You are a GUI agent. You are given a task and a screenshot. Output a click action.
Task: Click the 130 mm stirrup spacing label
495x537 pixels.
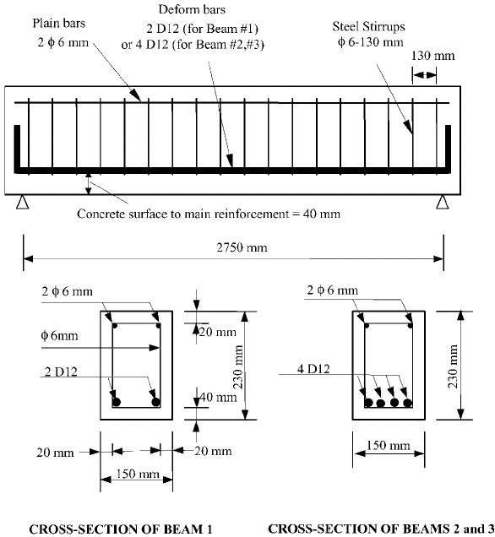point(429,57)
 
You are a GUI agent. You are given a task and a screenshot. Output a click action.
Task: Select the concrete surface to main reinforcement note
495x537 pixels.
point(209,214)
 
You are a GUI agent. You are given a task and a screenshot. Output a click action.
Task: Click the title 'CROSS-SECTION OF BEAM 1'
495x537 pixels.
point(120,529)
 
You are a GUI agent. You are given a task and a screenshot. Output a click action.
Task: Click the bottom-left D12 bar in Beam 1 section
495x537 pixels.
point(117,401)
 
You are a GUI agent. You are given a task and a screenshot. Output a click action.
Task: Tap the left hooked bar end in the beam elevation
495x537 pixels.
point(16,156)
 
